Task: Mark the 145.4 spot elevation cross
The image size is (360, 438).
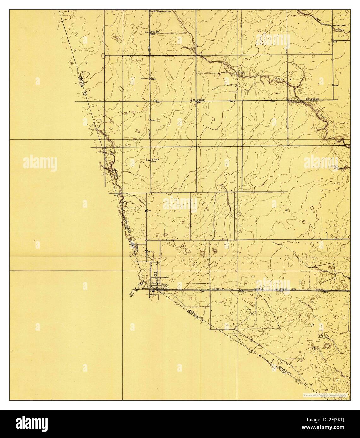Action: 147,251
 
